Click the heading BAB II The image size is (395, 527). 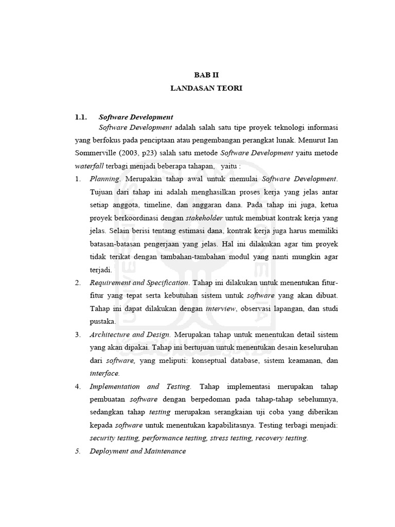point(206,75)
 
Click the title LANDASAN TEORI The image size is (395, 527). point(206,89)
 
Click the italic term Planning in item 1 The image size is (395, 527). point(104,179)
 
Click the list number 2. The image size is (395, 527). point(78,283)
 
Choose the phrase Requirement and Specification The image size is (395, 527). point(139,283)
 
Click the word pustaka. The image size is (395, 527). point(102,321)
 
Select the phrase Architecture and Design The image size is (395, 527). point(129,335)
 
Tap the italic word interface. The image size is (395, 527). point(104,373)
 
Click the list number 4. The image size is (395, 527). point(78,386)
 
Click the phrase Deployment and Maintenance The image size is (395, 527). point(137,451)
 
